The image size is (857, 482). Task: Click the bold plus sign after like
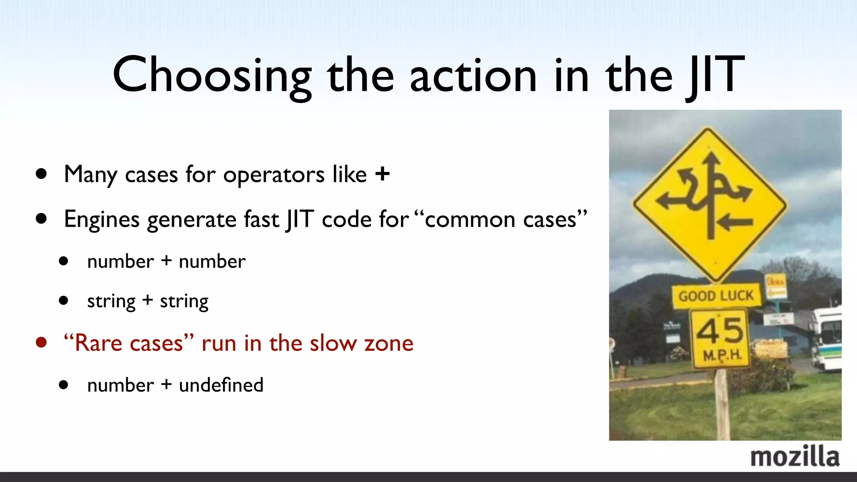pos(382,174)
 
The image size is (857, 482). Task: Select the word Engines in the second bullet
pos(102,219)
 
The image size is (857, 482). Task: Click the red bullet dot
pos(41,343)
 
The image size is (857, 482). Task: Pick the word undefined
pos(221,385)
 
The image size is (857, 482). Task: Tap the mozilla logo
pos(795,456)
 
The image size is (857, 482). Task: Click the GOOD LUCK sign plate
pos(716,296)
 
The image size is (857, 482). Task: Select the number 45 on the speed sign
pos(720,331)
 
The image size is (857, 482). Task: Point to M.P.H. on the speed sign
pos(722,356)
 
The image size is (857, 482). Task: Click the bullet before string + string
pos(64,300)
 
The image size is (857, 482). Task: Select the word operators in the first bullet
pos(274,174)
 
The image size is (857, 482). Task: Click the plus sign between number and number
pos(167,261)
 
